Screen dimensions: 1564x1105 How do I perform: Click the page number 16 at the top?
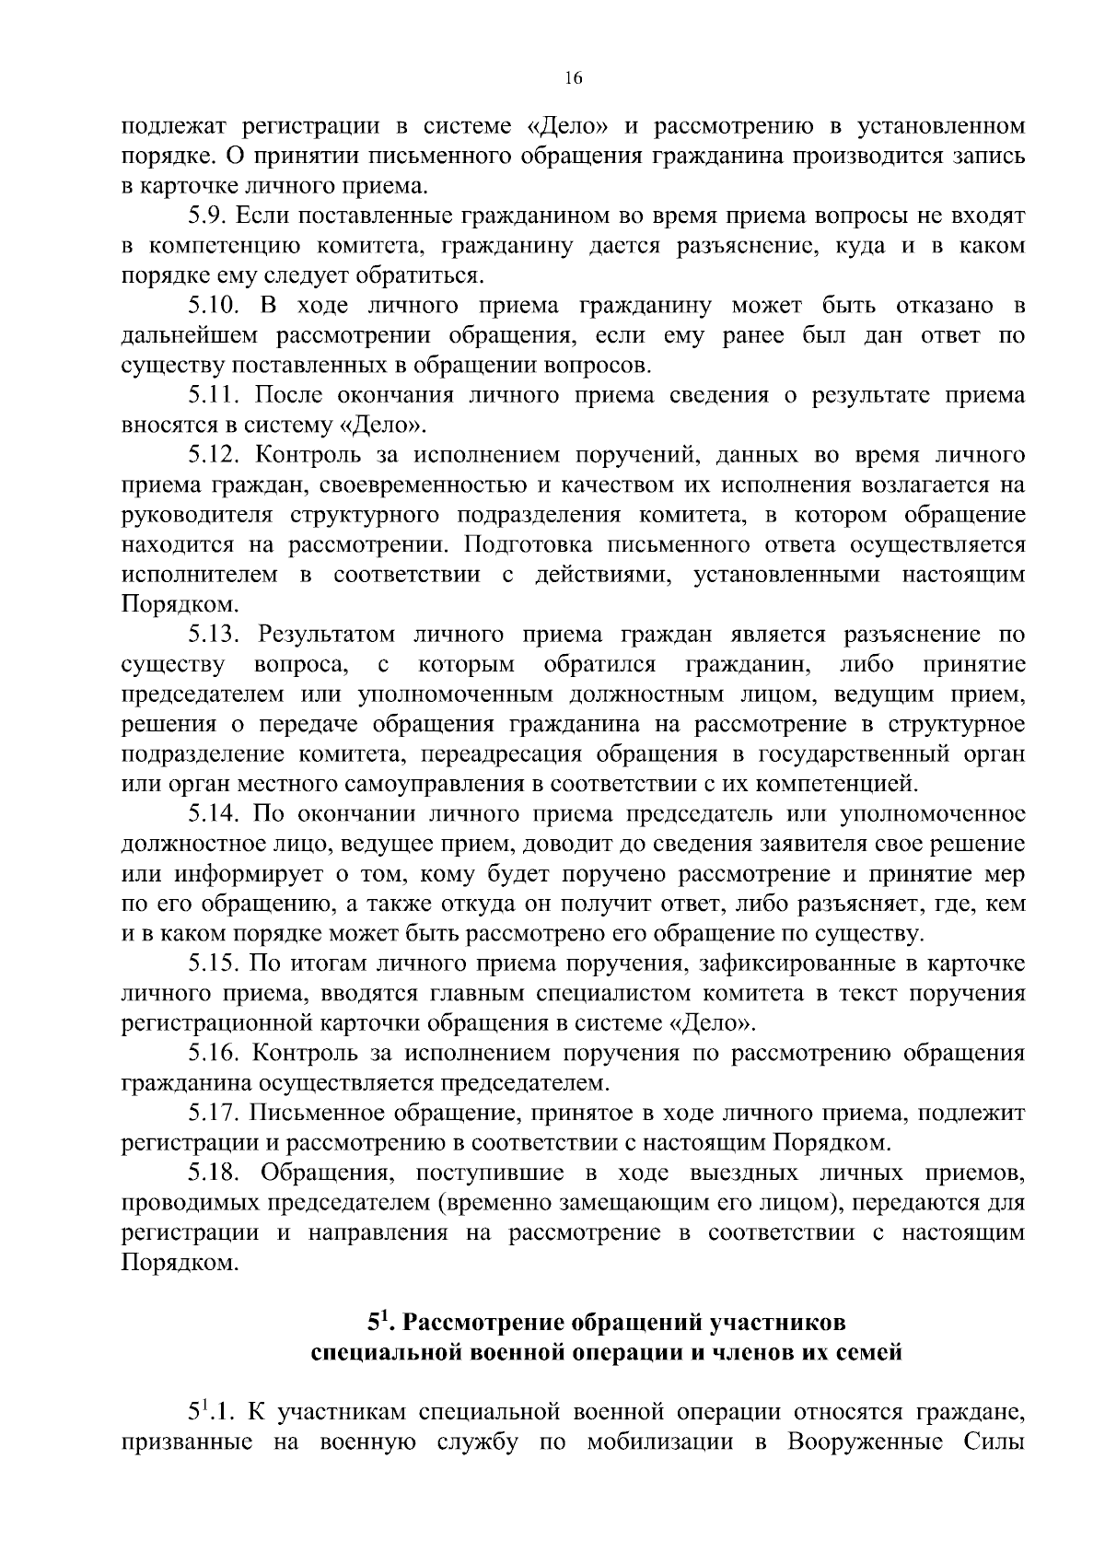pyautogui.click(x=573, y=79)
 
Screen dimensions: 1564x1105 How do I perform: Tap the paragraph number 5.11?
pyautogui.click(x=214, y=396)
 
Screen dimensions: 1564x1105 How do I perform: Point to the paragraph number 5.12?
pyautogui.click(x=215, y=455)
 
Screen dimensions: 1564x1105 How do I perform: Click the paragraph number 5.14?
pyautogui.click(x=215, y=814)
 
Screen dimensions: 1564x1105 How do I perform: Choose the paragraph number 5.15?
pyautogui.click(x=215, y=963)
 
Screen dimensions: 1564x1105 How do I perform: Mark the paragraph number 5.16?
pyautogui.click(x=215, y=1053)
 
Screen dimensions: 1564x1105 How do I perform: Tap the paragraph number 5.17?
pyautogui.click(x=215, y=1113)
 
